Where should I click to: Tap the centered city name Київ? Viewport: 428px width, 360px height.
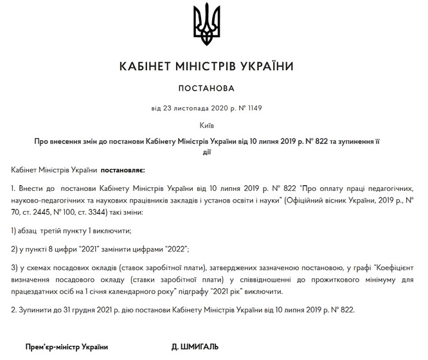click(x=206, y=125)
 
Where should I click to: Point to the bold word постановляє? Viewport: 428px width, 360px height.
click(x=122, y=170)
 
